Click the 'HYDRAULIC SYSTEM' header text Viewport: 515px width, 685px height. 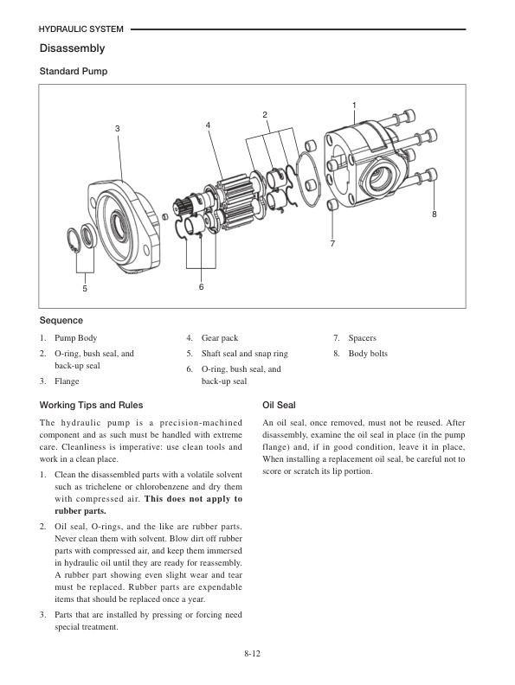coord(81,29)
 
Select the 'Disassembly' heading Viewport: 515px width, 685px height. coord(73,48)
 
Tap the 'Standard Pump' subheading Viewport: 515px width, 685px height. coord(74,71)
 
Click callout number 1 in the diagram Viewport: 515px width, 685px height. coord(354,106)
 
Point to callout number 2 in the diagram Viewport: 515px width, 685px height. coord(265,115)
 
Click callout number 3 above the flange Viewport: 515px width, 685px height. coord(118,129)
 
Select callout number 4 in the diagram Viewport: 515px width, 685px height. coord(208,125)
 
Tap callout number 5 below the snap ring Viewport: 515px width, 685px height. coord(85,289)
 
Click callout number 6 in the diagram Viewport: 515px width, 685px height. coord(201,286)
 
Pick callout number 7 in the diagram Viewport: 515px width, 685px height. coord(332,245)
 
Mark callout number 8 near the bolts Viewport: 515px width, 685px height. coord(435,213)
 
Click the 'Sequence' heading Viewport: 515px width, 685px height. coord(61,321)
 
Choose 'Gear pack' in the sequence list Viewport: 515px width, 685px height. coord(219,338)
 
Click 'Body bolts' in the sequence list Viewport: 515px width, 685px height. coord(368,354)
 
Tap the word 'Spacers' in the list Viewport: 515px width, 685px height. coord(362,338)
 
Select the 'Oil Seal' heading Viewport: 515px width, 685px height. coord(279,405)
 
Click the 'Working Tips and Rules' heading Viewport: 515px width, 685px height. coord(92,405)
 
